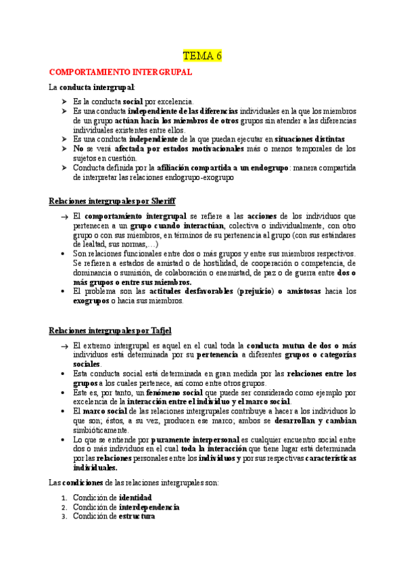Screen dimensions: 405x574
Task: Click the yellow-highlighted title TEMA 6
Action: (x=203, y=56)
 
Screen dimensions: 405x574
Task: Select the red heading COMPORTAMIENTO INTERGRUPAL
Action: (x=121, y=72)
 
